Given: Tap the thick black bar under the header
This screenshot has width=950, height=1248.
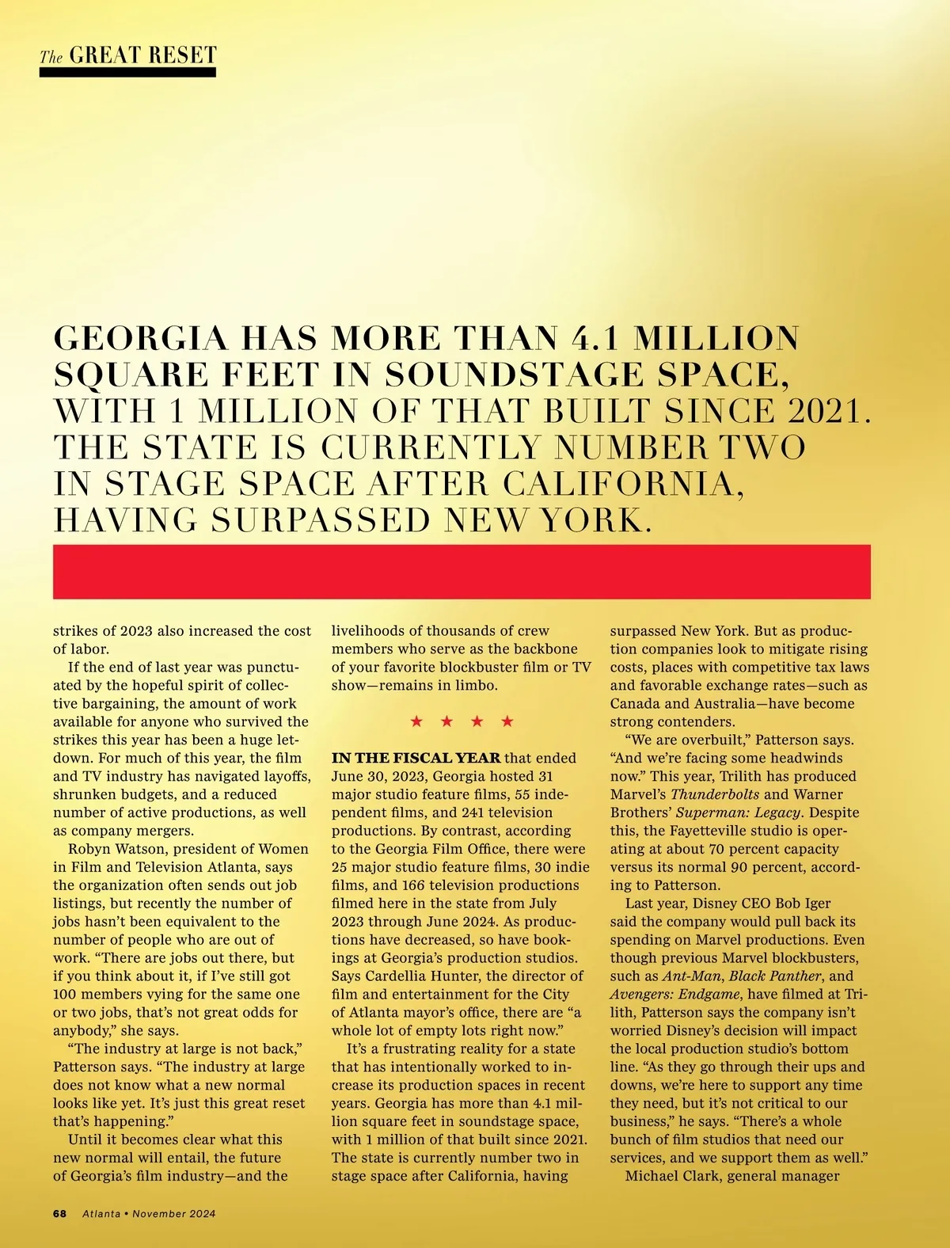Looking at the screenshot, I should click(127, 72).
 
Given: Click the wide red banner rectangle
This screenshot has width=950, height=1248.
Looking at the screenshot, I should click(462, 571).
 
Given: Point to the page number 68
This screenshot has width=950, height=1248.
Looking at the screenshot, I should click(60, 1213).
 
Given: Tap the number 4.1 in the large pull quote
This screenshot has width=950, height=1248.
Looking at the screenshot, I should click(597, 338).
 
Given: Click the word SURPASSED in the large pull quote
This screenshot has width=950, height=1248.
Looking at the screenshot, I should click(321, 519).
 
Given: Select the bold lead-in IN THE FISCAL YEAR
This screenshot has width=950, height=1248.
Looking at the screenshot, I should click(416, 758).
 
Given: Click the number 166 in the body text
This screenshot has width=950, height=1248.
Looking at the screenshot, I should click(415, 885).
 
